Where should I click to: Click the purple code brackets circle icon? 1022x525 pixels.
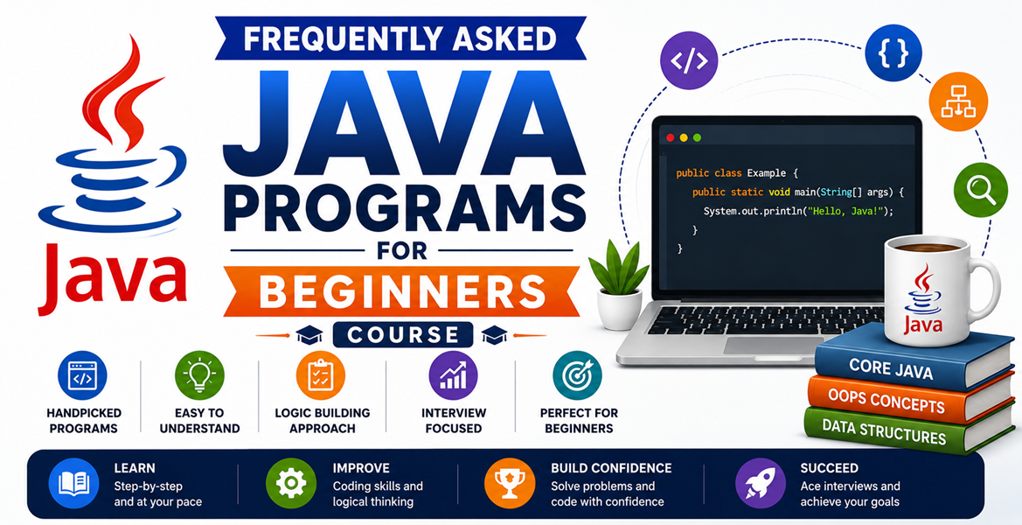click(689, 60)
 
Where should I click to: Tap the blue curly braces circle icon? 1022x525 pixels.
click(893, 52)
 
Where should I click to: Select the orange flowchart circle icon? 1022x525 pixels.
click(958, 101)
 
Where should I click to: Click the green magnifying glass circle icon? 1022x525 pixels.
click(980, 189)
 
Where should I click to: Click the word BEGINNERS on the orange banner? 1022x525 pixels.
click(401, 291)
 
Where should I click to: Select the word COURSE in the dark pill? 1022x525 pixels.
click(403, 334)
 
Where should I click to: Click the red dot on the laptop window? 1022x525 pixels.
click(669, 137)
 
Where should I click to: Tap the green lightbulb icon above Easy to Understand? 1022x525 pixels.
click(199, 375)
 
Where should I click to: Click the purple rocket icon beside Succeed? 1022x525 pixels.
click(760, 483)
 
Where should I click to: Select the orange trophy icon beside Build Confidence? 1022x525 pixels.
click(510, 483)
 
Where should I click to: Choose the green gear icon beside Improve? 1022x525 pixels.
click(291, 483)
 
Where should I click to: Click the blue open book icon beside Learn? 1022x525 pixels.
click(73, 483)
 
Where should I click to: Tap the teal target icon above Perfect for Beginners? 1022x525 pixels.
click(578, 375)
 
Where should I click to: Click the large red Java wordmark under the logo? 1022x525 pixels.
click(112, 278)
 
